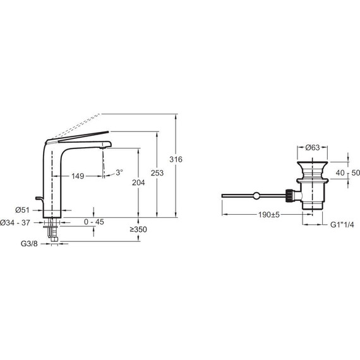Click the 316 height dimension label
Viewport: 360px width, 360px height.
(x=176, y=159)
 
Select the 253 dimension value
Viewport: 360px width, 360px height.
(x=157, y=173)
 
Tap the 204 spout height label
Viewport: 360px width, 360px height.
(x=138, y=183)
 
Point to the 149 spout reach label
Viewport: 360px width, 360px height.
(x=78, y=176)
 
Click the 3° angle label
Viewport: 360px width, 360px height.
(x=119, y=172)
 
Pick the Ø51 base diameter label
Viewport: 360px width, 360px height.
(x=22, y=210)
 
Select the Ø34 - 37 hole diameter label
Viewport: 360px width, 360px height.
(x=15, y=222)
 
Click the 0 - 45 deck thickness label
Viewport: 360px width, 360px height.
(x=94, y=222)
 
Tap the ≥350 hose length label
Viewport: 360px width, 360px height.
(x=138, y=229)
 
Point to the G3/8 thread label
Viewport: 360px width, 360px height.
(x=29, y=243)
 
